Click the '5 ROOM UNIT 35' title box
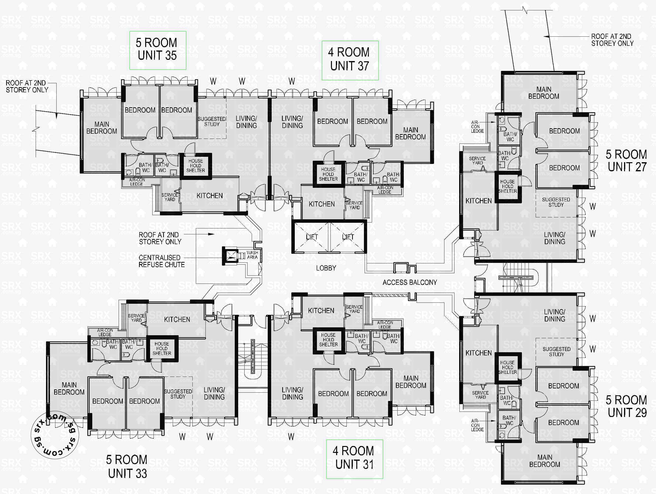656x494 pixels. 157,50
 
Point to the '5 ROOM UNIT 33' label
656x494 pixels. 127,467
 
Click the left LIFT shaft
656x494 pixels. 312,237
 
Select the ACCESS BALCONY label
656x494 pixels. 409,282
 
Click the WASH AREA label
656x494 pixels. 252,255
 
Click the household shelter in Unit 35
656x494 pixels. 195,166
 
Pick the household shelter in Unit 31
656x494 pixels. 328,340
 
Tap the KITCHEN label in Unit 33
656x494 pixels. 177,319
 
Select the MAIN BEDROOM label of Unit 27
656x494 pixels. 544,93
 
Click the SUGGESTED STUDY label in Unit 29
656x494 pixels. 556,351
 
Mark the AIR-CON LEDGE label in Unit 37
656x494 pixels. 385,190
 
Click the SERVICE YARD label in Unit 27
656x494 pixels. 477,160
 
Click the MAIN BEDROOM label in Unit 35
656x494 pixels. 102,127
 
